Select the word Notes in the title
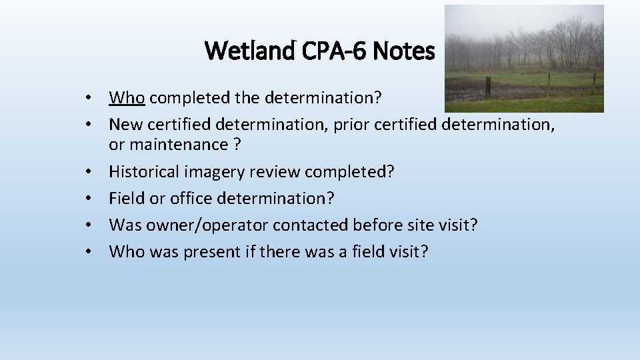pos(404,50)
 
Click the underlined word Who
pos(127,98)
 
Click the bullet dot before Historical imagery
pos(88,172)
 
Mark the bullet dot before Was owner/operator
pos(88,225)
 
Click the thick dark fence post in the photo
pos(488,87)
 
